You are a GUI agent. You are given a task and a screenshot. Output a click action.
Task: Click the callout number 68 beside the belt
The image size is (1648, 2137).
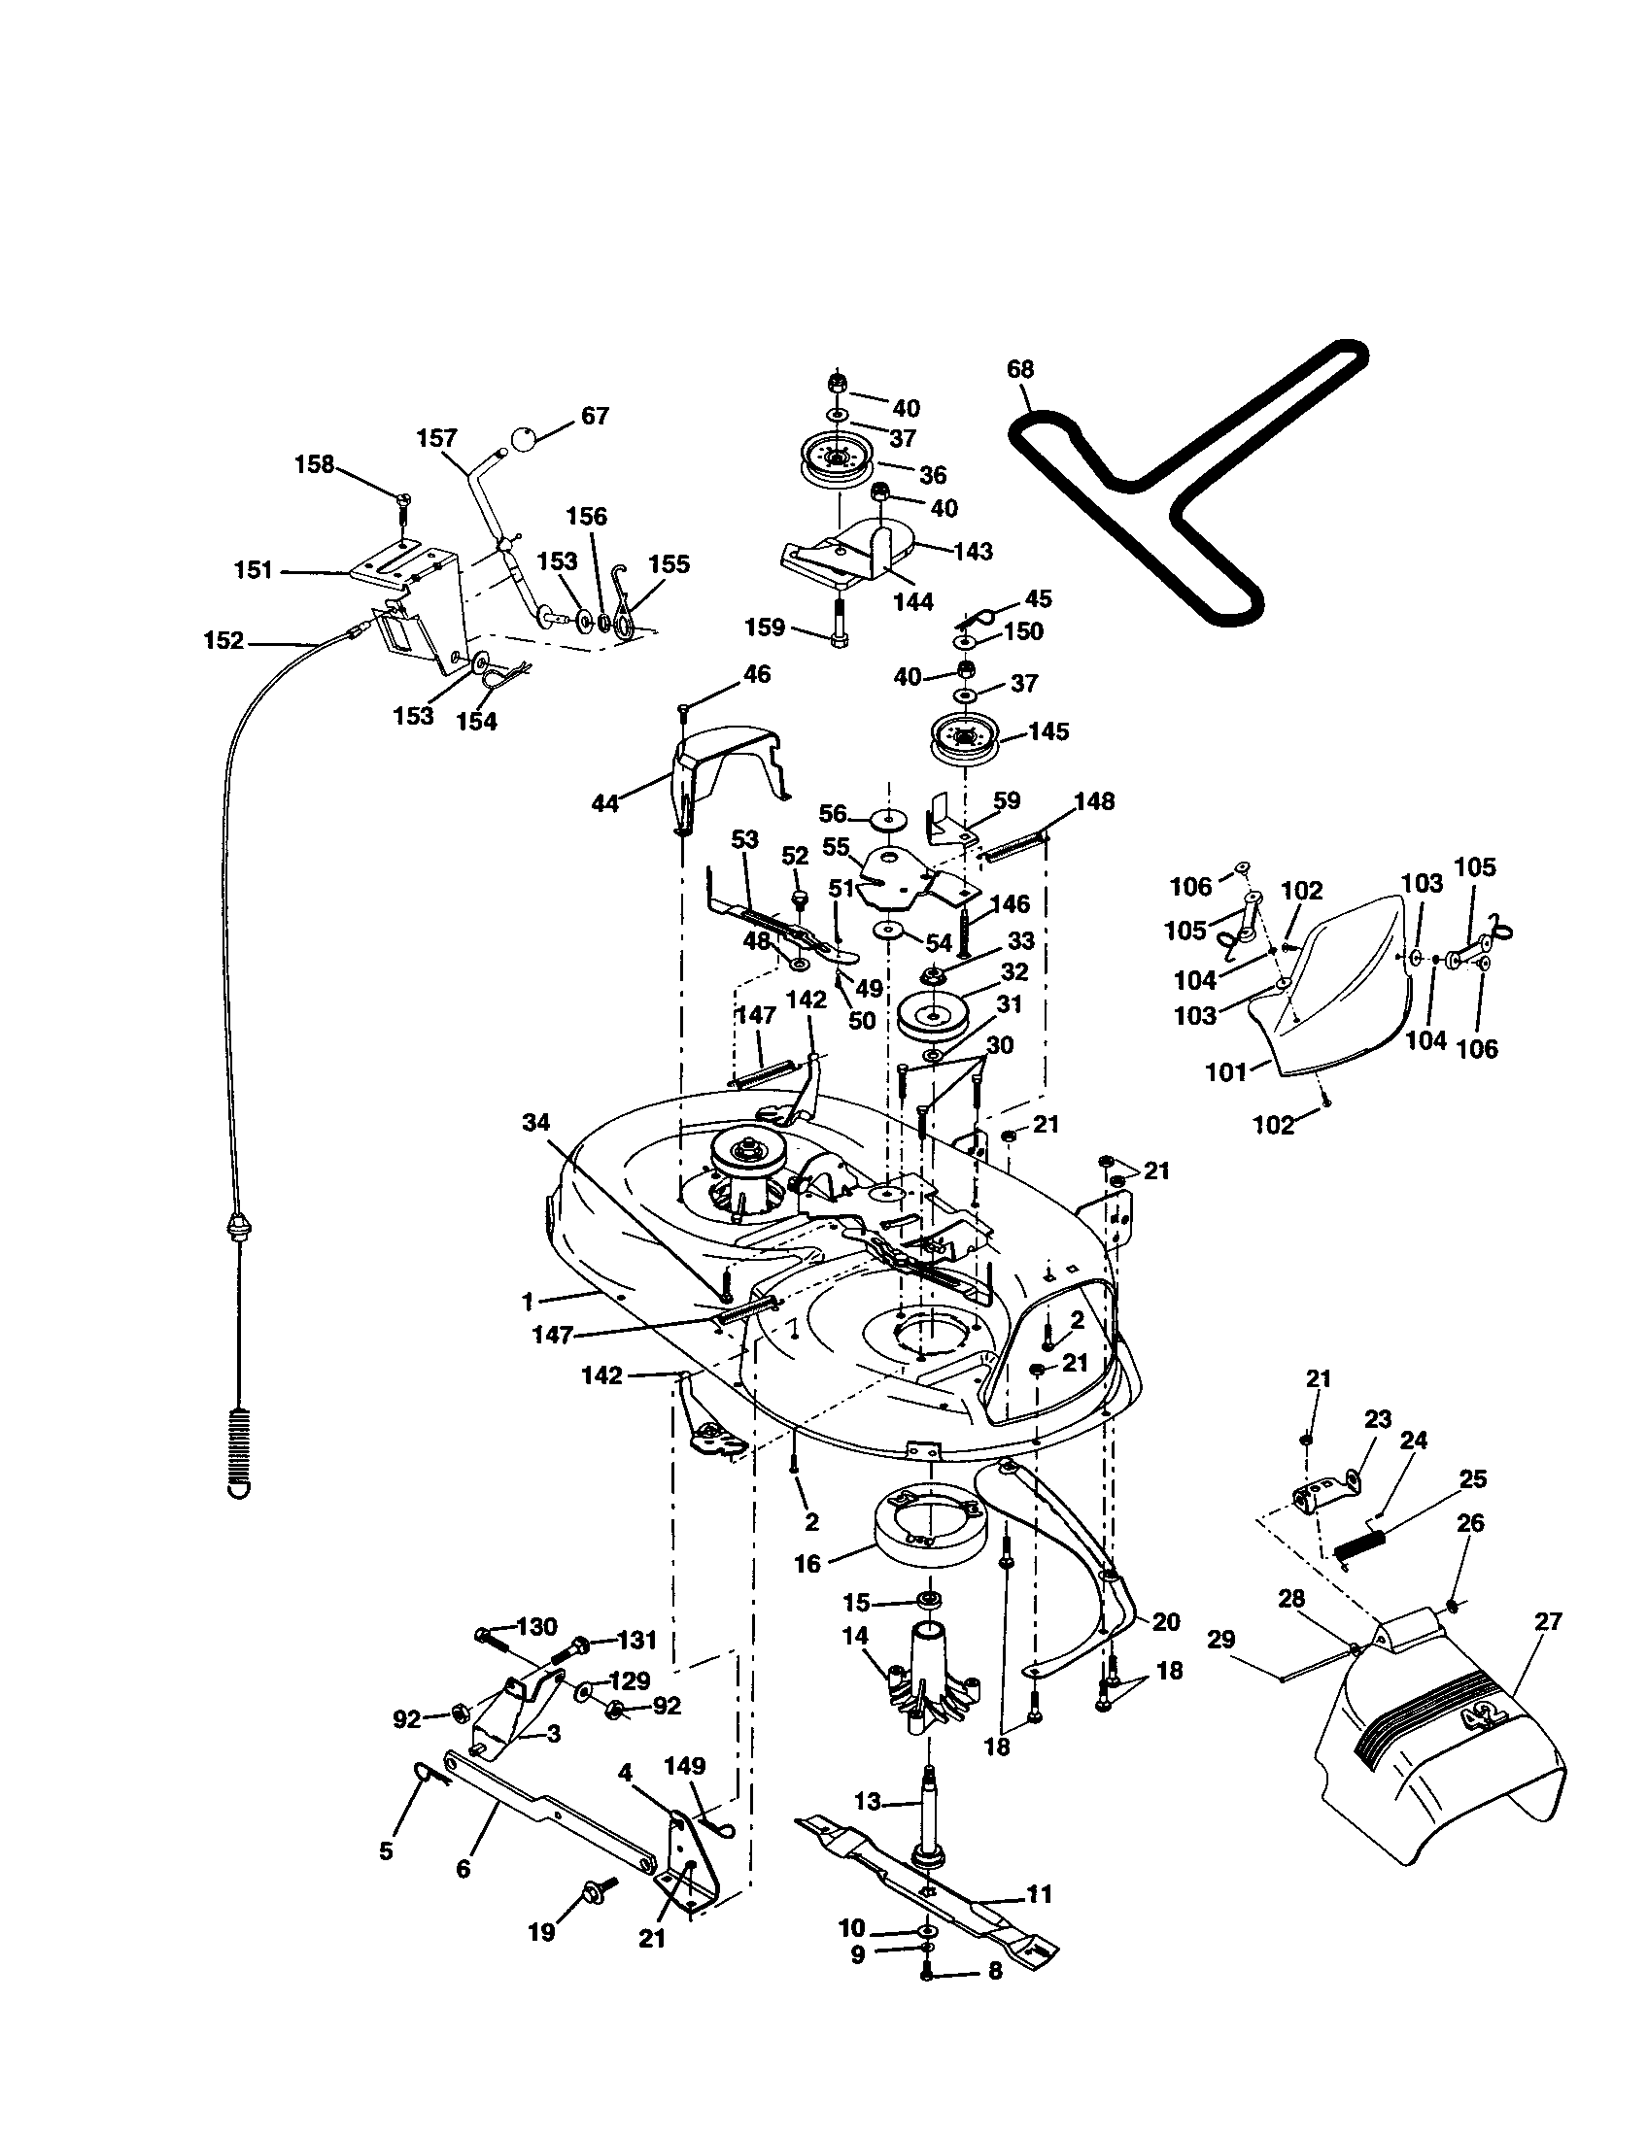pyautogui.click(x=1019, y=369)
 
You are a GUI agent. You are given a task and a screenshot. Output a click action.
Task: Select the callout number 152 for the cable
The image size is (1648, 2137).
pyautogui.click(x=223, y=641)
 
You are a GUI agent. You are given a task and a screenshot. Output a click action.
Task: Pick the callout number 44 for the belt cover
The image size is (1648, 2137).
pyautogui.click(x=605, y=803)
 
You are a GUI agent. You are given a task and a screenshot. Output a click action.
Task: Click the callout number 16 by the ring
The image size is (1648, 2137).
pyautogui.click(x=807, y=1564)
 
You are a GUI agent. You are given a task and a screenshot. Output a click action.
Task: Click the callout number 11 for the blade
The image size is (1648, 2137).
pyautogui.click(x=1040, y=1893)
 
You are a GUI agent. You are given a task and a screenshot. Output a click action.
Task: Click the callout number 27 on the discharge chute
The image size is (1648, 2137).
pyautogui.click(x=1548, y=1621)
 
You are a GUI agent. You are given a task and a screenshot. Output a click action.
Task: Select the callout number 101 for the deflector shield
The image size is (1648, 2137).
pyautogui.click(x=1225, y=1071)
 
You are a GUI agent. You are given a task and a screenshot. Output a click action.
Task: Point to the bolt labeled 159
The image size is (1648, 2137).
pyautogui.click(x=839, y=629)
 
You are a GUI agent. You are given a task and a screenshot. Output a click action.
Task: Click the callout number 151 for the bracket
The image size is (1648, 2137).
pyautogui.click(x=254, y=569)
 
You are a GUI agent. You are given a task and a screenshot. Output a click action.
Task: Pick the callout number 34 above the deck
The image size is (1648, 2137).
pyautogui.click(x=535, y=1123)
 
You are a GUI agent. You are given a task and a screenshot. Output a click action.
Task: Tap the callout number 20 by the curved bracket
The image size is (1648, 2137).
pyautogui.click(x=1165, y=1621)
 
